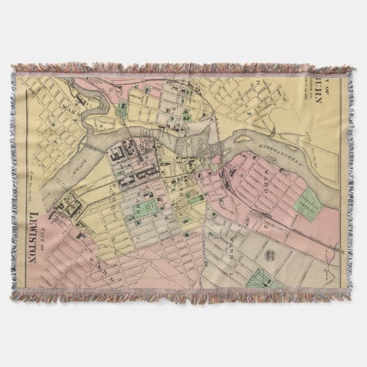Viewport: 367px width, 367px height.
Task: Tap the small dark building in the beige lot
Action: (x=271, y=256)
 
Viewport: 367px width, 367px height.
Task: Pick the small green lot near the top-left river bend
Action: (x=123, y=107)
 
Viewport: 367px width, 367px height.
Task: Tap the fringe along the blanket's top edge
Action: (x=180, y=69)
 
